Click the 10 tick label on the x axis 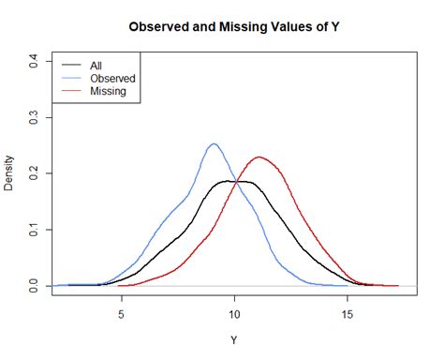234,317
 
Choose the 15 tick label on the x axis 348,317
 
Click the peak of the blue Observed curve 214,144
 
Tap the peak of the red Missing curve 259,157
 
